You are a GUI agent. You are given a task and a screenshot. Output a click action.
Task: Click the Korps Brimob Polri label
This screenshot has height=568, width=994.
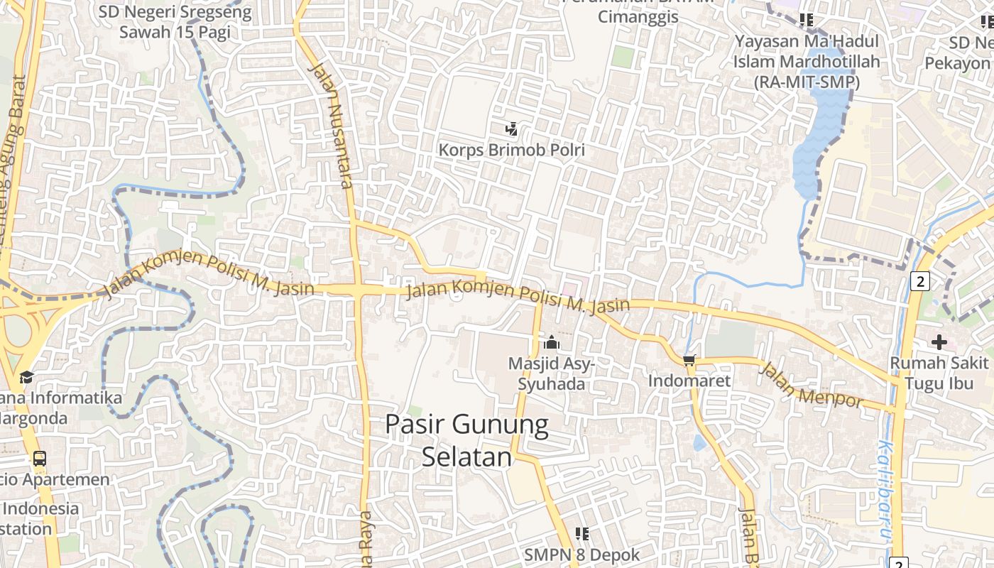pyautogui.click(x=511, y=150)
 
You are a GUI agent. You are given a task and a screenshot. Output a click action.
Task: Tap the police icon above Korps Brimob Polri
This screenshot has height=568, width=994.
pyautogui.click(x=511, y=129)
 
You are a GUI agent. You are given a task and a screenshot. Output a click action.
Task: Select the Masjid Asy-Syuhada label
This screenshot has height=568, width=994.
pyautogui.click(x=551, y=373)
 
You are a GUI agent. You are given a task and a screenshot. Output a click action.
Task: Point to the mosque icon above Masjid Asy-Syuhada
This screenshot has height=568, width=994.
pyautogui.click(x=551, y=343)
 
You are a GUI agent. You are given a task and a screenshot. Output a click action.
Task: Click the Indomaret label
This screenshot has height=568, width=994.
pyautogui.click(x=689, y=381)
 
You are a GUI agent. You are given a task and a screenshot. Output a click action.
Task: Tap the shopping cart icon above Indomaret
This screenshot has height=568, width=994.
pyautogui.click(x=689, y=360)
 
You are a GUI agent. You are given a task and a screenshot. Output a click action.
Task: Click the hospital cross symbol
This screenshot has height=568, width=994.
pyautogui.click(x=939, y=342)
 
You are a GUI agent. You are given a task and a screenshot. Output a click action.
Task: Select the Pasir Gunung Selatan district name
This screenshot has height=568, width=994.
pyautogui.click(x=467, y=440)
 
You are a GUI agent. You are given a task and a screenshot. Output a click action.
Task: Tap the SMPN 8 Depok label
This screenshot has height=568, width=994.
pyautogui.click(x=582, y=555)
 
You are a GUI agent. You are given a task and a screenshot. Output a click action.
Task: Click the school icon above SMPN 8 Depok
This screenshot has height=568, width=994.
pyautogui.click(x=582, y=533)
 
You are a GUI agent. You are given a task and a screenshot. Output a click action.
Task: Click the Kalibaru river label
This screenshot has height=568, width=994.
pyautogui.click(x=886, y=490)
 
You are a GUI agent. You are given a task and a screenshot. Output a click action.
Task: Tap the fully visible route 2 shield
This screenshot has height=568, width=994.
pyautogui.click(x=919, y=281)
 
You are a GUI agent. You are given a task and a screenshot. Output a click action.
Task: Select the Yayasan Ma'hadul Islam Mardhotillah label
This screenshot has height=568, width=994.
pyautogui.click(x=807, y=62)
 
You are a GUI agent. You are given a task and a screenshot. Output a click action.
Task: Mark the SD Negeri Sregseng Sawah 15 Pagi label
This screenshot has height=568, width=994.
pyautogui.click(x=175, y=22)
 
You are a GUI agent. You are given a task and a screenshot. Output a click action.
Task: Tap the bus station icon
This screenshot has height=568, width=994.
pyautogui.click(x=40, y=458)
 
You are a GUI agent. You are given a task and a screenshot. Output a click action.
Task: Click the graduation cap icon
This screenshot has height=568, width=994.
pyautogui.click(x=26, y=377)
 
